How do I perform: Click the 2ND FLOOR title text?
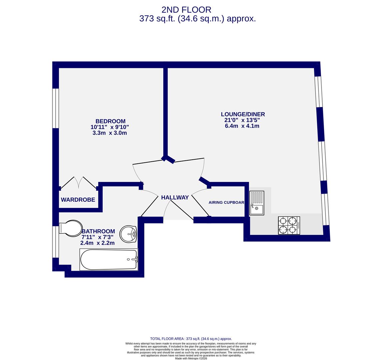[x=186, y=10]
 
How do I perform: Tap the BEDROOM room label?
[x=110, y=121]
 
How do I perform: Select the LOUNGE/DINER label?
[x=243, y=114]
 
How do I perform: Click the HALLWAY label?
[x=175, y=198]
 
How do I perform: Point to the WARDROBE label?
[x=78, y=200]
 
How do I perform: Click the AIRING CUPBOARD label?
[x=226, y=203]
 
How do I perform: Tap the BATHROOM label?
[x=98, y=231]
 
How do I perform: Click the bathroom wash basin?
[x=128, y=234]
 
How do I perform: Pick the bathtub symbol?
[x=109, y=259]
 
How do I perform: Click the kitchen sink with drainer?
[x=257, y=203]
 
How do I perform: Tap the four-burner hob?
[x=289, y=225]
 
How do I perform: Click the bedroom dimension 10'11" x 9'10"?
[x=109, y=127]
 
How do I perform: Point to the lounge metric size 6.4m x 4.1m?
[x=242, y=126]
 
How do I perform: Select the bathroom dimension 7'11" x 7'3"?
[x=97, y=237]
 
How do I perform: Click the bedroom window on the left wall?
[x=55, y=108]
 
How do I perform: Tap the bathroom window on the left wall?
[x=55, y=242]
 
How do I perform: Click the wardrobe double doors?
[x=79, y=183]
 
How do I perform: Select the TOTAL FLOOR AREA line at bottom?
[x=191, y=339]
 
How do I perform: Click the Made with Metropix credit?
[x=191, y=358]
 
